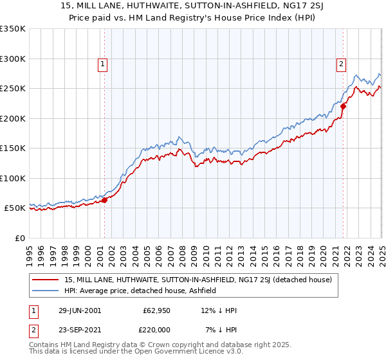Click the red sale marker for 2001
point(104,201)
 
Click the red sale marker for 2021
point(343,107)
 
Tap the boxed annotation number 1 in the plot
point(103,64)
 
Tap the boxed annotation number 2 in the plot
point(340,64)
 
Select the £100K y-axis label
point(13,178)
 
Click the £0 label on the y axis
point(19,238)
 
